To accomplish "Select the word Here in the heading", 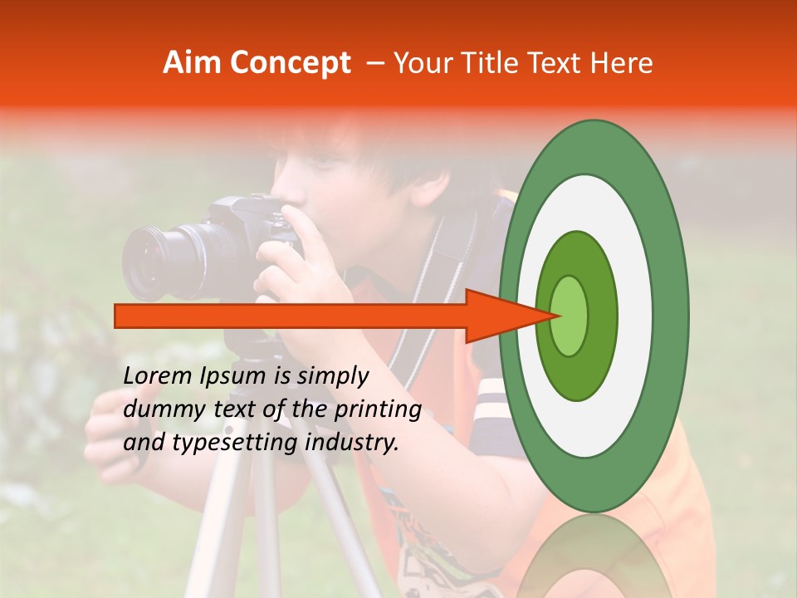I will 620,63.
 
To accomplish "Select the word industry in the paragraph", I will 353,443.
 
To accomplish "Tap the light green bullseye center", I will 570,316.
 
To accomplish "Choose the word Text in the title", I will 555,63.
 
